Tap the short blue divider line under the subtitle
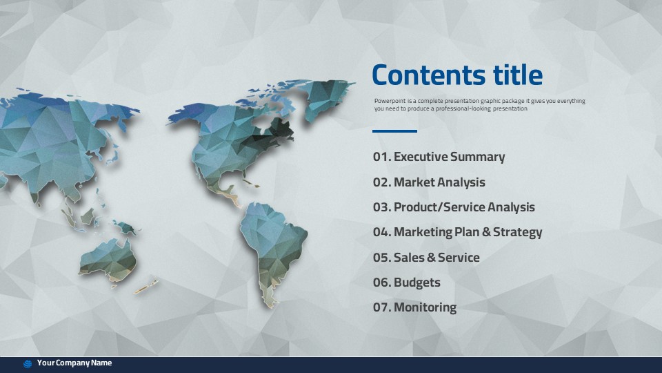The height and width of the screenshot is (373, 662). [x=394, y=131]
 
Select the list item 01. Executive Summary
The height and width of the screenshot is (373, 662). [x=439, y=157]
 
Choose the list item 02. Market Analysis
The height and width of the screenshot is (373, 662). [x=429, y=182]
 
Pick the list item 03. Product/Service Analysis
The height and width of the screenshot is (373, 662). [x=454, y=207]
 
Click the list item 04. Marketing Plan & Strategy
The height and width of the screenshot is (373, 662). [x=457, y=232]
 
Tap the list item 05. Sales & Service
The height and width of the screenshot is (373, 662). [x=426, y=258]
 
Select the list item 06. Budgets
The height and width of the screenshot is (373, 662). [x=407, y=283]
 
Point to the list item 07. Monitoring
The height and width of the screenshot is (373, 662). [x=414, y=307]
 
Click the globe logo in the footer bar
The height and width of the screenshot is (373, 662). [x=28, y=364]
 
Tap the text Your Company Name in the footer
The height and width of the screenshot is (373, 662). [x=74, y=363]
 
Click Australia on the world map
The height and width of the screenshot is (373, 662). [x=108, y=260]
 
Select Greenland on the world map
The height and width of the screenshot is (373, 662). [x=330, y=98]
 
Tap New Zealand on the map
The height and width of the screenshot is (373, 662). [x=146, y=286]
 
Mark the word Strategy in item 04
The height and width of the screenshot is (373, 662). [x=518, y=233]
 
